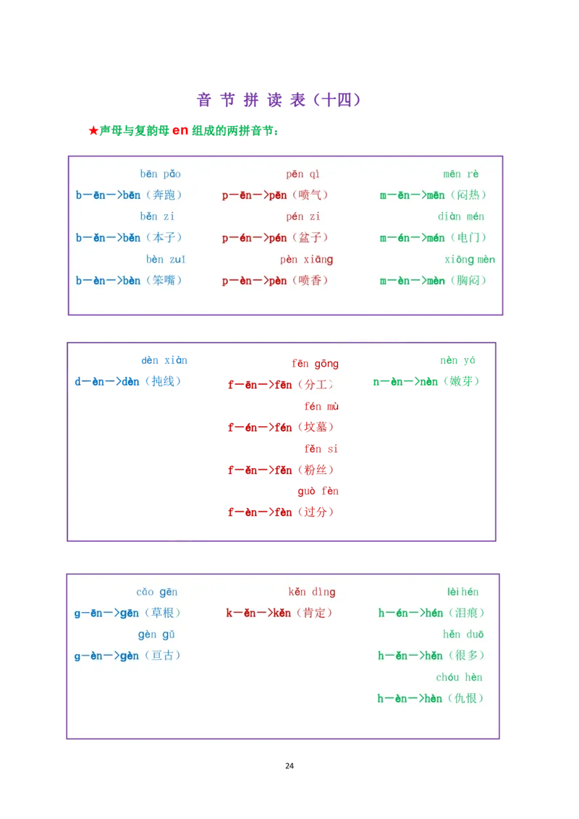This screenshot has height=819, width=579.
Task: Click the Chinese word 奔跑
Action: [x=163, y=195]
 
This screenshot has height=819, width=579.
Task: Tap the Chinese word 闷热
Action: [x=468, y=195]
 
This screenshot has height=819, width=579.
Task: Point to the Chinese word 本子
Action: [x=163, y=238]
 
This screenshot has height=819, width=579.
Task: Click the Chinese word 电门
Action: [x=468, y=238]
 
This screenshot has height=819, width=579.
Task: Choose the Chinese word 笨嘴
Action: [x=163, y=281]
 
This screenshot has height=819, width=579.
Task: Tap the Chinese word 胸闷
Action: [x=468, y=281]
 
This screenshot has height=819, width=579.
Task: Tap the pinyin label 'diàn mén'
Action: [x=461, y=217]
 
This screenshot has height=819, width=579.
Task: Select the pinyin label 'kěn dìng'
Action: [x=312, y=593]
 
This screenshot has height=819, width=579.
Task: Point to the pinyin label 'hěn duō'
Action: [x=463, y=635]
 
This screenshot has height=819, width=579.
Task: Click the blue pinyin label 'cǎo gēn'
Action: [x=157, y=593]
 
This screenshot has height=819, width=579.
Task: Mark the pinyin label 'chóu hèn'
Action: [x=459, y=678]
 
